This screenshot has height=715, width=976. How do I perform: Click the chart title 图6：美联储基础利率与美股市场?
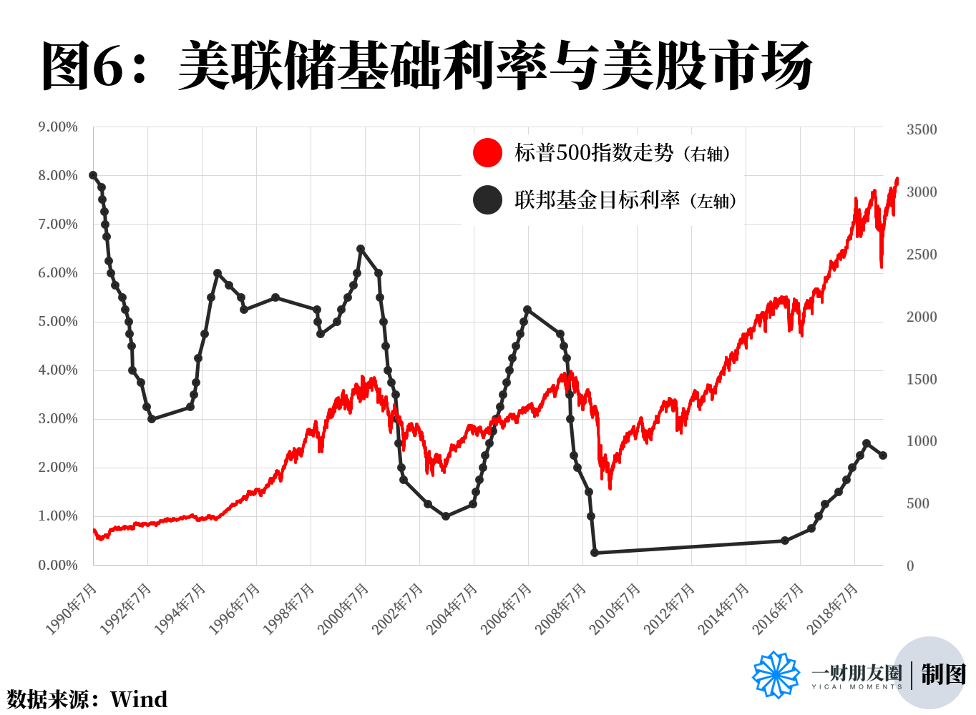426,66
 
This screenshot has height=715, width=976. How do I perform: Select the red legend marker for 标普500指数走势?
487,152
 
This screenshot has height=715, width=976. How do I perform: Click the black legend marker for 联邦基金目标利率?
487,200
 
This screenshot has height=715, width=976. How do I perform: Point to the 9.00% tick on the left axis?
58,127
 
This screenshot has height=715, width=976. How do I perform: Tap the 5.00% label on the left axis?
58,322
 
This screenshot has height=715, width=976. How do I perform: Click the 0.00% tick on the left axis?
58,565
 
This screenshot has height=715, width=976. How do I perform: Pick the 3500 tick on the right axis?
922,129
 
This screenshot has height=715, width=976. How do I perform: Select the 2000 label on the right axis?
922,317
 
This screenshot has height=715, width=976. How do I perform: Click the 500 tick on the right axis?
918,503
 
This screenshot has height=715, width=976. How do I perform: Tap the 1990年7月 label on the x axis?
72,608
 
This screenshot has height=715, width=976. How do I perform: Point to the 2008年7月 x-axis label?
561,608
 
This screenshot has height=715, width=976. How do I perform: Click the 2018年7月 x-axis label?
833,608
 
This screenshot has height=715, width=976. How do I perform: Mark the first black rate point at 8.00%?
93,175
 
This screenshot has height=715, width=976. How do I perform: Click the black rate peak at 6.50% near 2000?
361,249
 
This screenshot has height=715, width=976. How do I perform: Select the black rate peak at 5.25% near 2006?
527,310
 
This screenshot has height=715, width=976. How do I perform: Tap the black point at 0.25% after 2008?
595,553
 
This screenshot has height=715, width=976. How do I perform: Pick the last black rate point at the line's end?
883,455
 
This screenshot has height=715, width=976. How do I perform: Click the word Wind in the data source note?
139,699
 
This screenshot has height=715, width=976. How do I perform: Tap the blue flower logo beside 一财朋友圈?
776,674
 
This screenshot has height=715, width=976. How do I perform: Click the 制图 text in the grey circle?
943,674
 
